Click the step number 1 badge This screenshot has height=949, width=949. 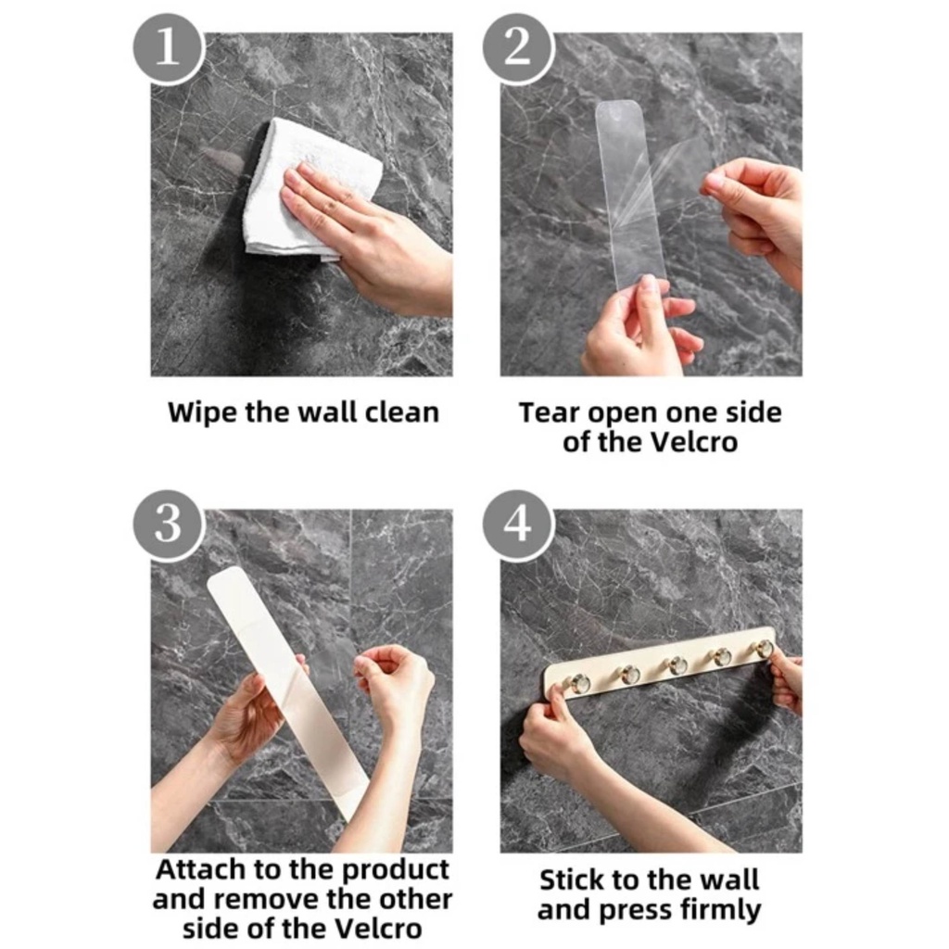pyautogui.click(x=168, y=48)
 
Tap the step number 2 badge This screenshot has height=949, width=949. pyautogui.click(x=517, y=48)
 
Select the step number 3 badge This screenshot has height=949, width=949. pyautogui.click(x=168, y=525)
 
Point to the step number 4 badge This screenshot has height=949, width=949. pyautogui.click(x=517, y=525)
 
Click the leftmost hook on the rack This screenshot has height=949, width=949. pyautogui.click(x=576, y=683)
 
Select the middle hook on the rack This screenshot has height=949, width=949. pyautogui.click(x=675, y=664)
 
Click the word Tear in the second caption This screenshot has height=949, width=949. pyautogui.click(x=550, y=412)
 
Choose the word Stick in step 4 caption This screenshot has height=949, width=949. pyautogui.click(x=571, y=880)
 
